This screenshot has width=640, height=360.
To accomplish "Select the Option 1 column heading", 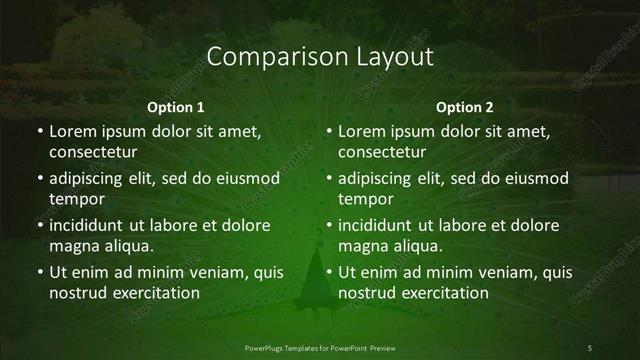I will (176, 107).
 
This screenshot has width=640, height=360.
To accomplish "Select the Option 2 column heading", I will (465, 107).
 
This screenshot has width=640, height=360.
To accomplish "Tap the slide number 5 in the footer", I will (590, 347).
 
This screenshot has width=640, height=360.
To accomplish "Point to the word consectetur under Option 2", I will (382, 153).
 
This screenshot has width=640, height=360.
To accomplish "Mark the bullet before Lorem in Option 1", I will (40, 131).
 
